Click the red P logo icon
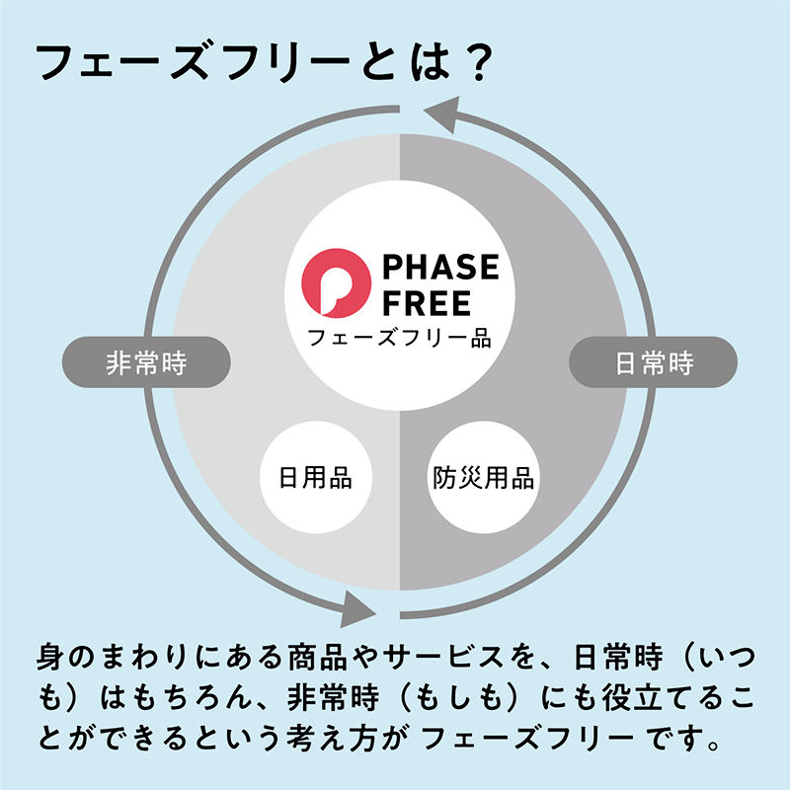336,282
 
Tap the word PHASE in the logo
440,267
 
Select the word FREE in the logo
427,303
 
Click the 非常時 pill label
146,361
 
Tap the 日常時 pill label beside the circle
654,361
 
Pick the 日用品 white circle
316,477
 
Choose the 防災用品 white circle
484,477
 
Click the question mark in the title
476,63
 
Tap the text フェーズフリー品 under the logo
399,338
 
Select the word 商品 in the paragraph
317,657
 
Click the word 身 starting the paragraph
52,657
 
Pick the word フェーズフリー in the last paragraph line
527,738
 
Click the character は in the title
430,62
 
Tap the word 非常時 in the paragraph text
333,697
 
